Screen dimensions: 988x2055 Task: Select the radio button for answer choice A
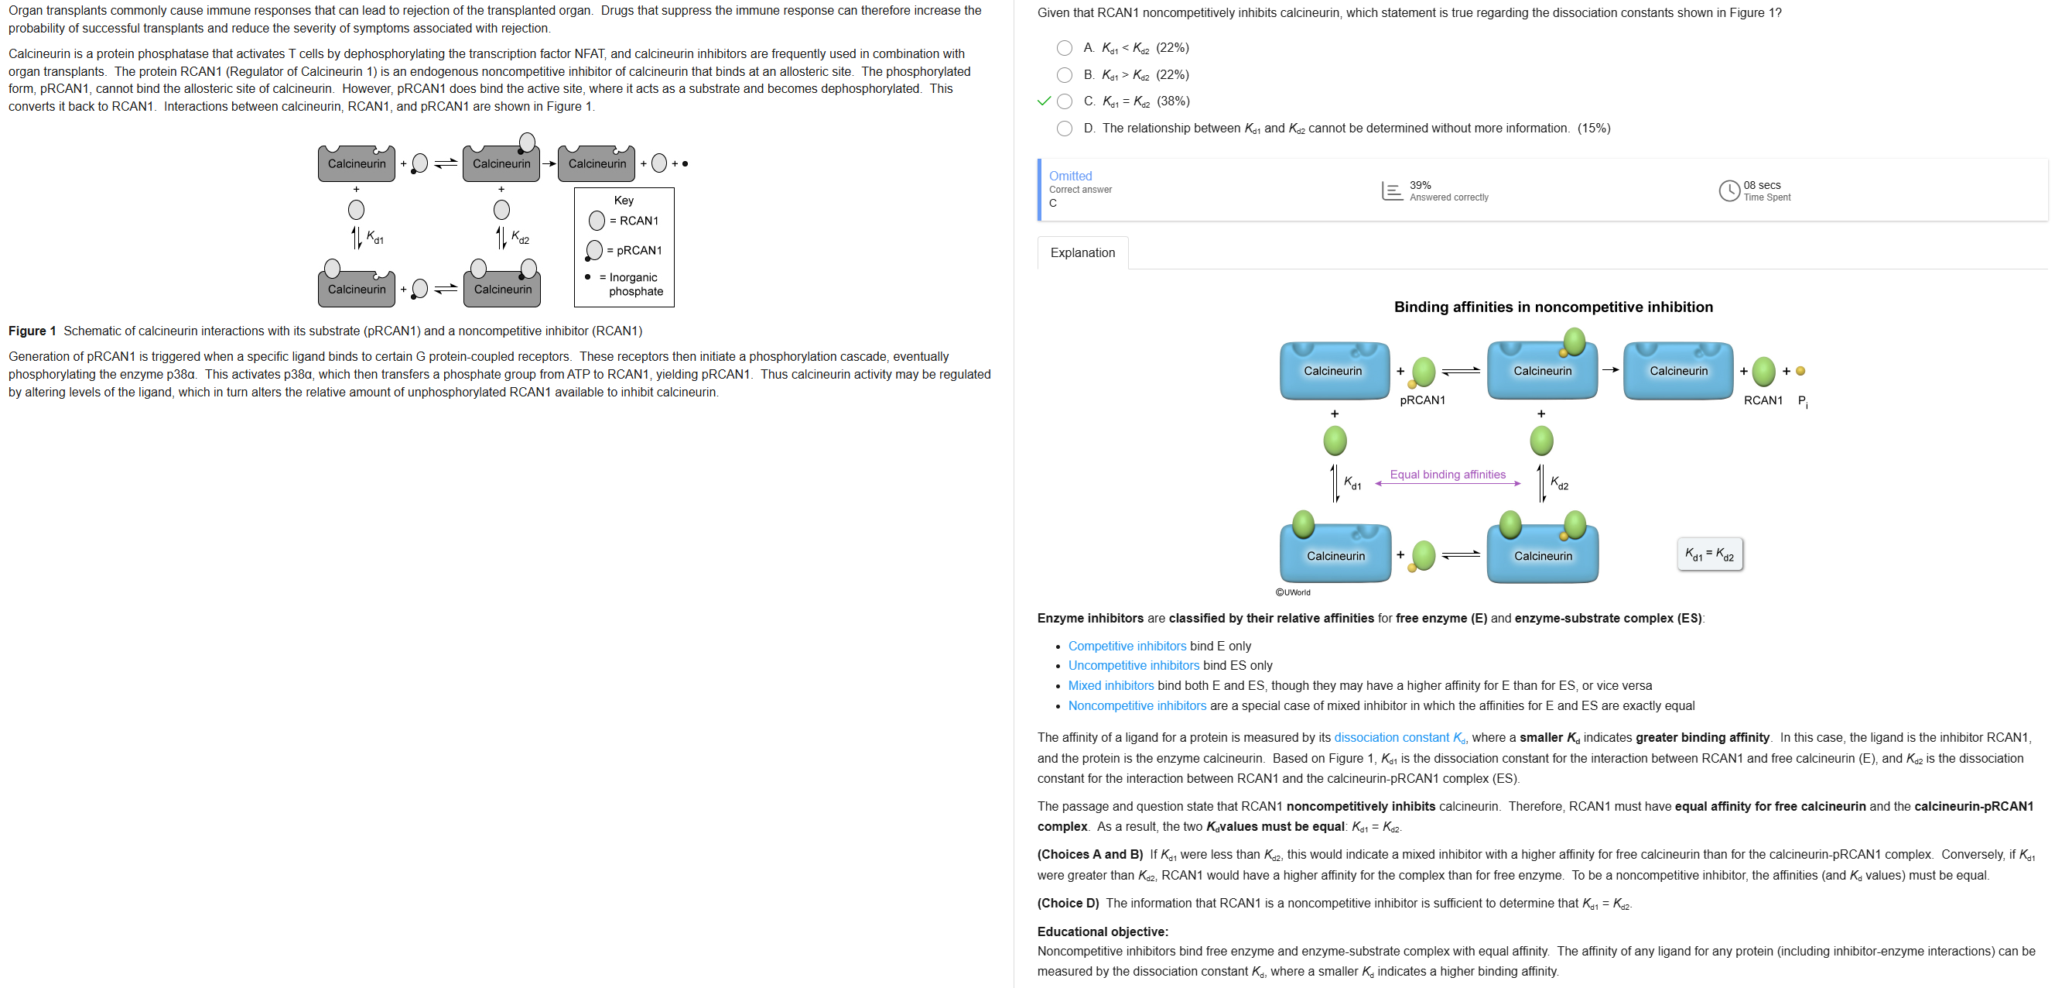(x=1064, y=48)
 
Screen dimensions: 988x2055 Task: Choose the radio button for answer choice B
(x=1064, y=75)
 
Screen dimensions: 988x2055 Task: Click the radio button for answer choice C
(x=1064, y=101)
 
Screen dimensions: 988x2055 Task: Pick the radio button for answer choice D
(x=1064, y=129)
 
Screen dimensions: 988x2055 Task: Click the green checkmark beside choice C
(x=1044, y=101)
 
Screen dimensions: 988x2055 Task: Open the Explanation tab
(x=1082, y=253)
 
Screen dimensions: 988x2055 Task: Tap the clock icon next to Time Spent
(x=1728, y=190)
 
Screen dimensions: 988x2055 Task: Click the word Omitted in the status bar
(x=1070, y=176)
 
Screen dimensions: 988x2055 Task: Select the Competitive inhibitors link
(x=1127, y=646)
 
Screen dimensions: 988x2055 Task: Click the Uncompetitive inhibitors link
(x=1133, y=666)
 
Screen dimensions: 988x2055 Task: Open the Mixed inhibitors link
(x=1110, y=685)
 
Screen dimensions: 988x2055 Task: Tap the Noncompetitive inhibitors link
(x=1137, y=705)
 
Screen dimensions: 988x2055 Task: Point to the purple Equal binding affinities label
(x=1447, y=474)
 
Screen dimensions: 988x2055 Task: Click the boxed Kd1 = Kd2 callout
(x=1709, y=554)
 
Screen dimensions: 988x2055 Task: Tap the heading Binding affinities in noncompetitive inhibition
(x=1552, y=307)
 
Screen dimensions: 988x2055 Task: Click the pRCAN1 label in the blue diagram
(x=1421, y=400)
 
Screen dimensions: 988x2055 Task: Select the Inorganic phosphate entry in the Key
(x=635, y=284)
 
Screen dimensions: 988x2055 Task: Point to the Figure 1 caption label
(x=32, y=331)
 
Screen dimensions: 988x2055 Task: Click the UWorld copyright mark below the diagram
(x=1292, y=592)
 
